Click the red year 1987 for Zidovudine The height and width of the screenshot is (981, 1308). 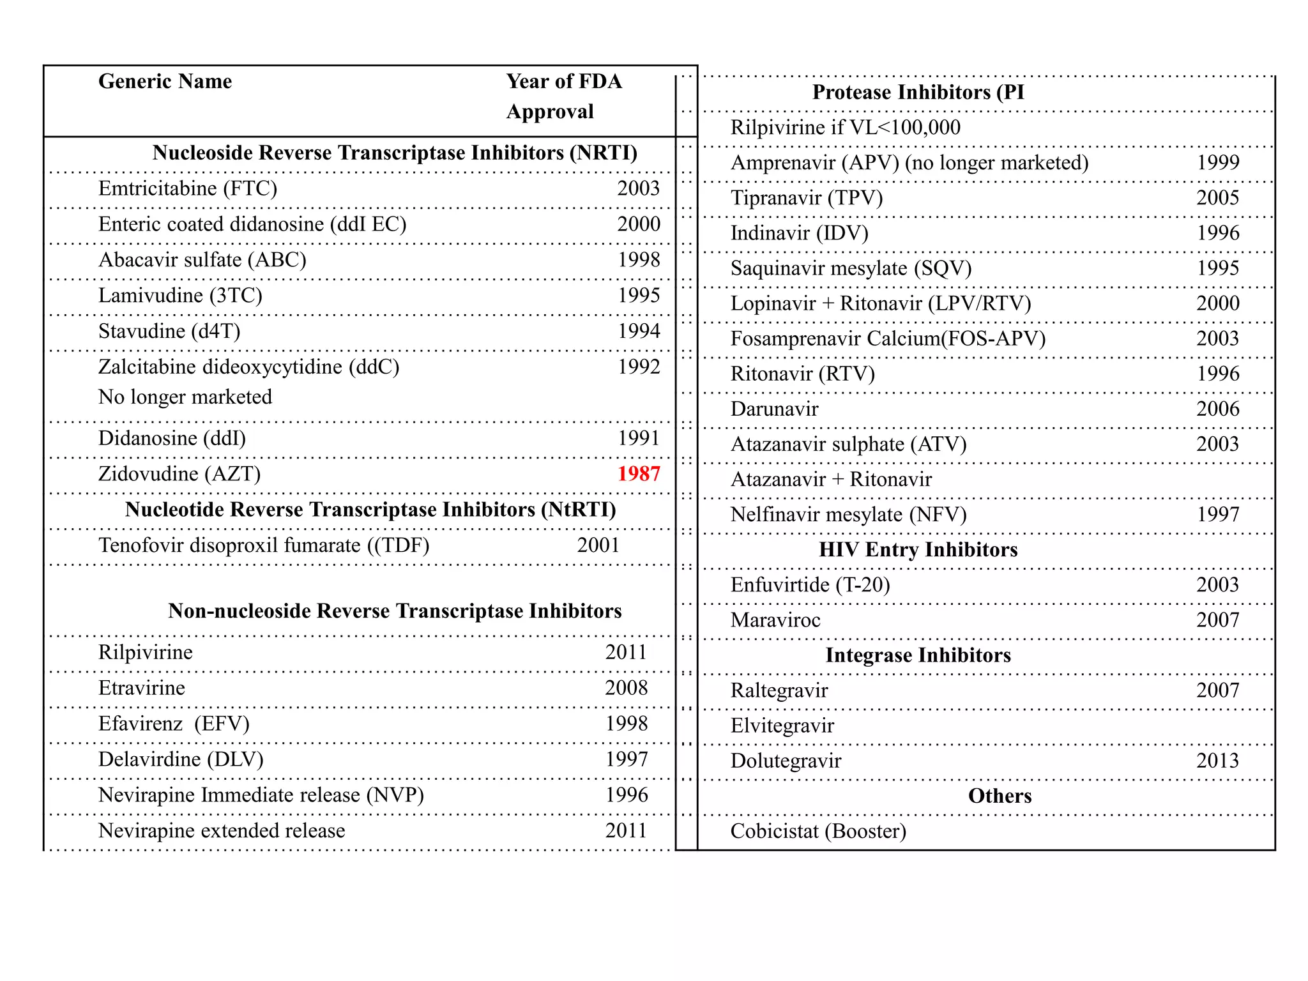point(639,474)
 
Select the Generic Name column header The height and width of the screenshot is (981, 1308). point(165,81)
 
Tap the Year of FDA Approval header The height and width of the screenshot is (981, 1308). point(563,96)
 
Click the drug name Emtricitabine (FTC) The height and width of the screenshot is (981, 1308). point(187,188)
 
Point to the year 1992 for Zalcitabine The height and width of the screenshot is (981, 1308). point(639,367)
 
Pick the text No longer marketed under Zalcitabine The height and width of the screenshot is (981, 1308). point(185,397)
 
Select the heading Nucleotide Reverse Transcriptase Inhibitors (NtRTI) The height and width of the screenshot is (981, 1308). point(370,510)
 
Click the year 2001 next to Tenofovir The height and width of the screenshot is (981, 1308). point(598,545)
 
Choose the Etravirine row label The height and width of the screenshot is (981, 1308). point(141,688)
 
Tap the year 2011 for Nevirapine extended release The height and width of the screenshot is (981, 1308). point(626,830)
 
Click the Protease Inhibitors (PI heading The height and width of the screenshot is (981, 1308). point(918,93)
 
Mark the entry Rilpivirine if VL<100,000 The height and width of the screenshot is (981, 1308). point(845,128)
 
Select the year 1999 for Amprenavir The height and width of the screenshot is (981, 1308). point(1217,163)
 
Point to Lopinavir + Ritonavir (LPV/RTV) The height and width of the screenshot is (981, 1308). point(880,303)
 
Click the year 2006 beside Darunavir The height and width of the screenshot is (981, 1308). point(1217,409)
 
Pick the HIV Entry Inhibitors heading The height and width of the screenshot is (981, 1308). point(918,550)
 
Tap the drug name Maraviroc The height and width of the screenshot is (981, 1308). point(775,620)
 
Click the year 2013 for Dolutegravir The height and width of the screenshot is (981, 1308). point(1217,761)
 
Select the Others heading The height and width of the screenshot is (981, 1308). point(1000,796)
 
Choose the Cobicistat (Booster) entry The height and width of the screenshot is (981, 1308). point(818,831)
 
